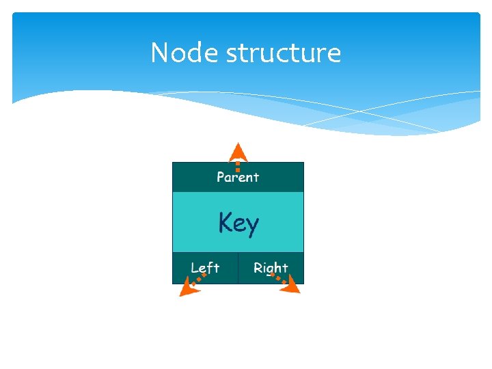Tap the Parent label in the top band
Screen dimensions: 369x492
coord(238,177)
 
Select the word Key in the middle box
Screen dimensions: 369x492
coord(238,223)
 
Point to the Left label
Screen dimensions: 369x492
coord(205,268)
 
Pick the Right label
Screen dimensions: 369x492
coord(271,268)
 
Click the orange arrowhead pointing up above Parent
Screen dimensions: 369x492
coord(237,150)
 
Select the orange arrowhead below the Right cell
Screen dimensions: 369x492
coord(292,287)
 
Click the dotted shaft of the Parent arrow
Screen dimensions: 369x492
coord(237,165)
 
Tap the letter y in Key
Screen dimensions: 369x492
coord(252,226)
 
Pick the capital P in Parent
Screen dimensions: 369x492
coord(221,177)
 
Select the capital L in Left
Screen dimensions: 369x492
coord(195,268)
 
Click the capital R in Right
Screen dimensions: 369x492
coord(258,268)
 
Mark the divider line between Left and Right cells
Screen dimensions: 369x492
coord(238,268)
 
